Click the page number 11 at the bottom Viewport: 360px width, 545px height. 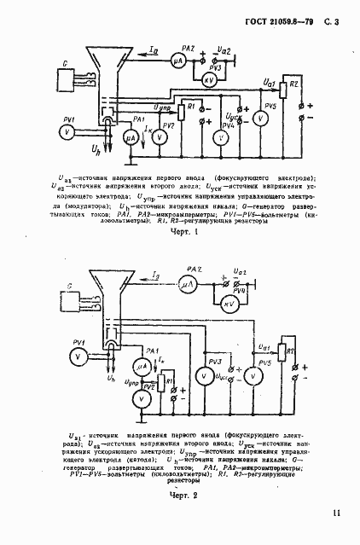(337, 513)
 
